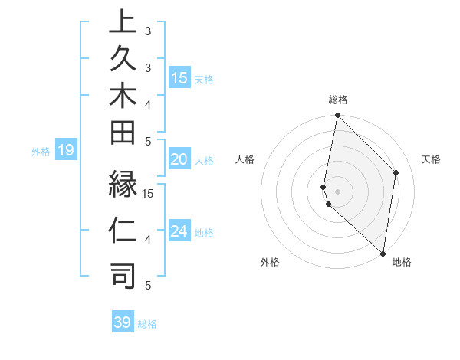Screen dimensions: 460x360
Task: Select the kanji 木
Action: coord(122,97)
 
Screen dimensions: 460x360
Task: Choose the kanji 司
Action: coord(122,277)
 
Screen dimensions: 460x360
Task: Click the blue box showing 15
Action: coord(179,78)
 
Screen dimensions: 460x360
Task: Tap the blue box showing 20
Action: coord(179,160)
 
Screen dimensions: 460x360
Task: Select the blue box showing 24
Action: coord(179,232)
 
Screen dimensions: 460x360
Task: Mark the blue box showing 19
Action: coord(66,151)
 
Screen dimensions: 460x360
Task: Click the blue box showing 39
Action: coord(123,322)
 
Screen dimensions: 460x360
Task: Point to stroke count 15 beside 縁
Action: coord(149,193)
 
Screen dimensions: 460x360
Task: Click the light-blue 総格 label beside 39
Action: coord(148,324)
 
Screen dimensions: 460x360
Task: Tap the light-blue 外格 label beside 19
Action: coord(41,152)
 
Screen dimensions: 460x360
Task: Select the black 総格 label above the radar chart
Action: coord(338,100)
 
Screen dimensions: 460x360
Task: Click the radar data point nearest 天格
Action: coord(396,172)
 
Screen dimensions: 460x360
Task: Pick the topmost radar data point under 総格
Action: coord(337,116)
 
